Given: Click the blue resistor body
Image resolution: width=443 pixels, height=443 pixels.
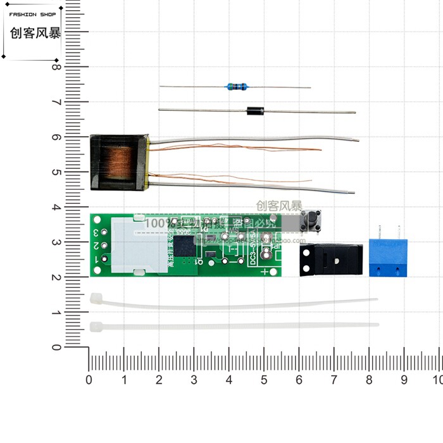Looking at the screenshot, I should point(235,87).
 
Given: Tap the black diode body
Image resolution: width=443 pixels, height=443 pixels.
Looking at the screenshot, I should point(254,111).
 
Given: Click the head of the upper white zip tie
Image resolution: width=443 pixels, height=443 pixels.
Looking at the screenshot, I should point(96,297).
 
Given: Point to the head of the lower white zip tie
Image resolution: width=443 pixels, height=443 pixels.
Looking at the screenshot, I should point(97,327).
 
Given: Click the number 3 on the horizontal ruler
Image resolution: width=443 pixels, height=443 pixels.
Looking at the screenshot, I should point(194,380).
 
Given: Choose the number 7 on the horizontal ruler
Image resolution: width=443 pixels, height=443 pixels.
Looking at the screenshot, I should point(334,380).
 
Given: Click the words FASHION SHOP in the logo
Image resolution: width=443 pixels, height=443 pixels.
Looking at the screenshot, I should point(32,15).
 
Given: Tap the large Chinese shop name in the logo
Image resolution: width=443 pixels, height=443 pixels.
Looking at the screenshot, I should point(35,34).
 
